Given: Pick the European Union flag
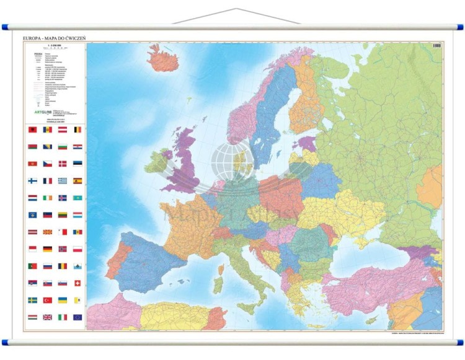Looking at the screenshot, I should click(x=77, y=317).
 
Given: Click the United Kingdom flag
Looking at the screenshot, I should click(x=48, y=317).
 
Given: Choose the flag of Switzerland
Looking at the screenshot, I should click(x=77, y=283).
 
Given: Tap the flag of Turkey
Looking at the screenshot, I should click(x=48, y=300).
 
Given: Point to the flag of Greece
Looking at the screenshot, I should click(x=63, y=181).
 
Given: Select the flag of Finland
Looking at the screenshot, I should click(x=32, y=181).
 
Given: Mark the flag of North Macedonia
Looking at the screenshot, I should click(x=48, y=232).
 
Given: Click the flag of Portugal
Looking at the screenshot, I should click(x=32, y=266).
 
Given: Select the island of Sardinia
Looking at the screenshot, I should click(x=218, y=283).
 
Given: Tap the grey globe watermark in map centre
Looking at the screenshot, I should click(x=231, y=162).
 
